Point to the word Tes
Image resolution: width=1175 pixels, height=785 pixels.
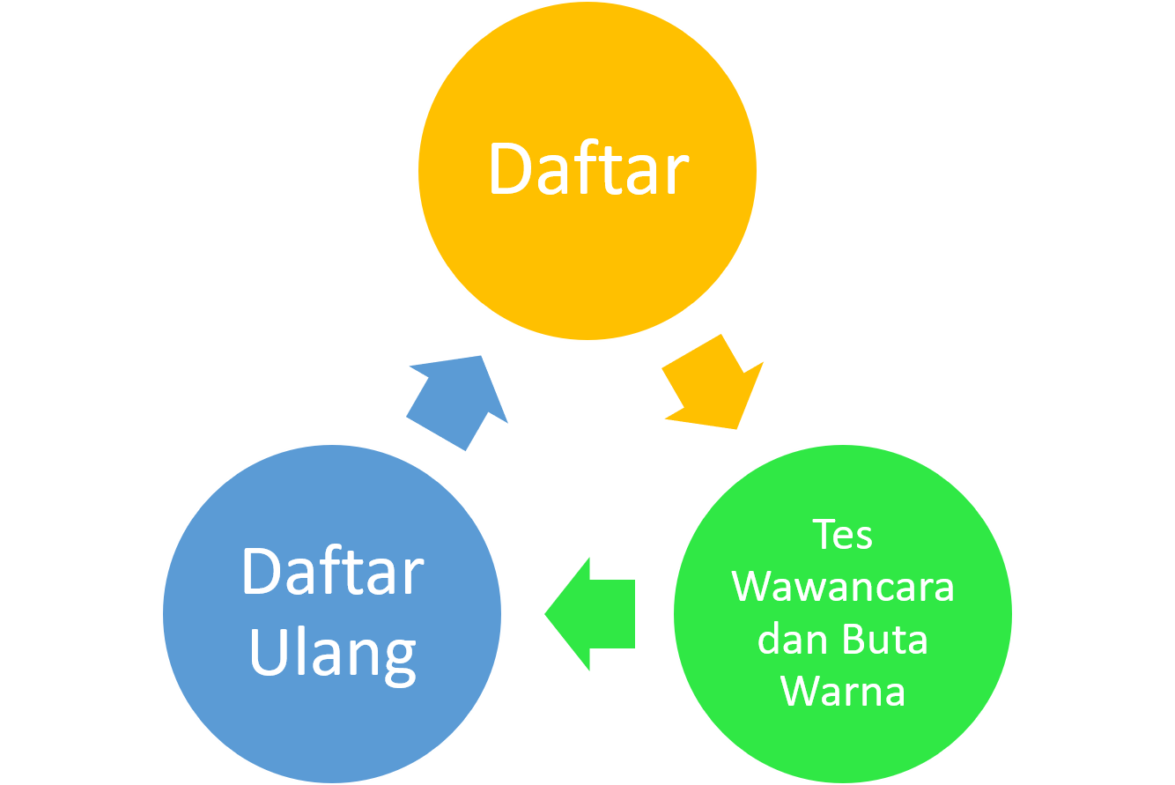842,535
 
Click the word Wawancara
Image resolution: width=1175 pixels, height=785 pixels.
842,587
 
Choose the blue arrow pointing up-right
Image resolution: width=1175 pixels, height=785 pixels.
457,402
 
